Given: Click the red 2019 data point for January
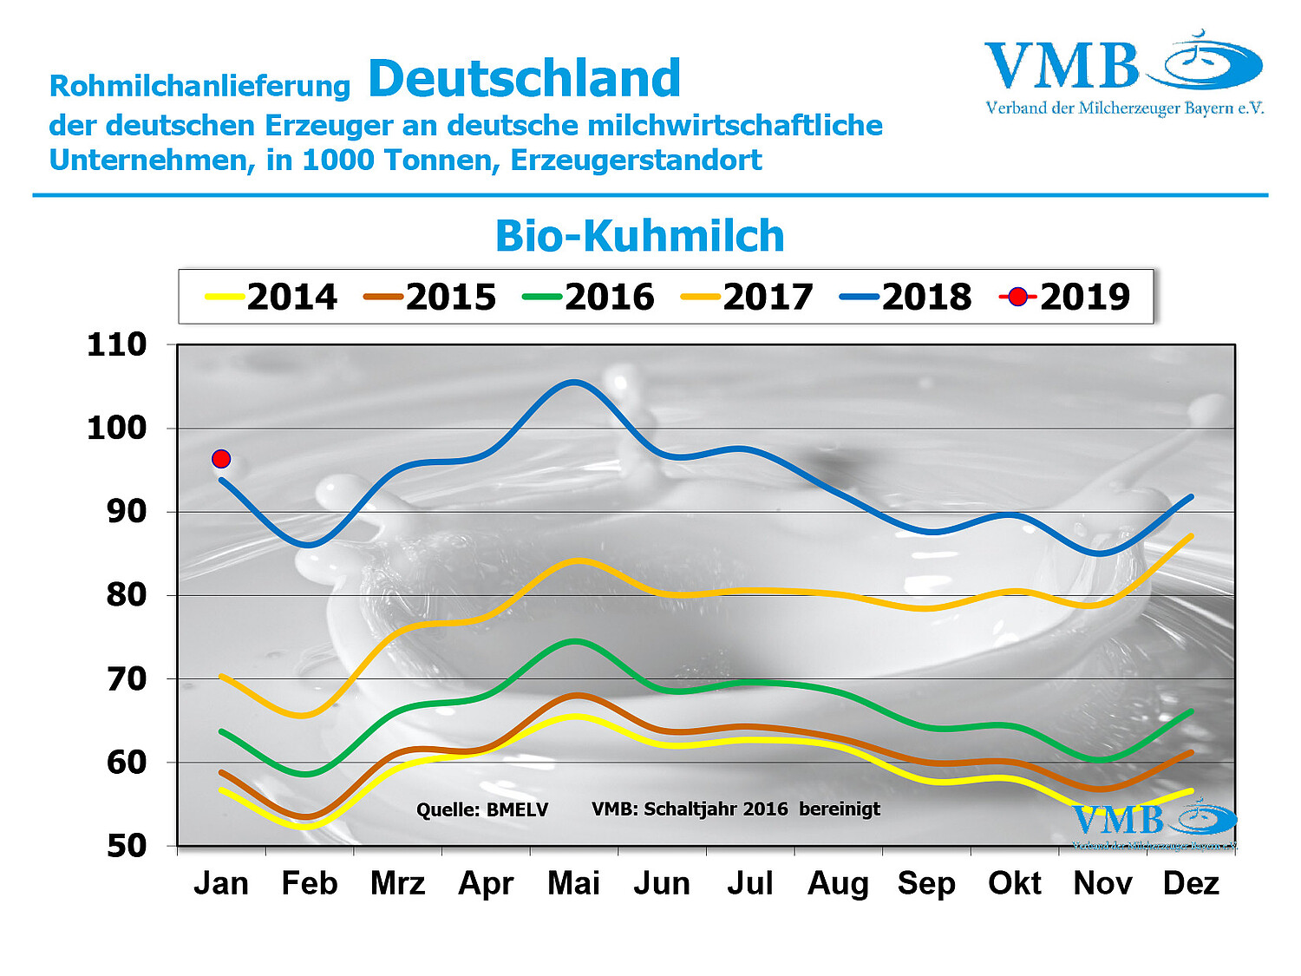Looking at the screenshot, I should pos(221,458).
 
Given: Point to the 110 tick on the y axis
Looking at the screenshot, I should pos(117,344).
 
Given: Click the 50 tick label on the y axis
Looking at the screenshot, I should pos(127,846).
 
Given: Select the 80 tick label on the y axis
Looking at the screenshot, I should pos(127,595).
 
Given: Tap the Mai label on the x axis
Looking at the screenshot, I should pos(573,883).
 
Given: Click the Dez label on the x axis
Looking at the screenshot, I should pos(1191,883).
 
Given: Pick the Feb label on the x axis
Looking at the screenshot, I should pos(309,883).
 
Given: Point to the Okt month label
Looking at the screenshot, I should pos(1014,883).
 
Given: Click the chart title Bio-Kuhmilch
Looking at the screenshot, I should pos(639,236).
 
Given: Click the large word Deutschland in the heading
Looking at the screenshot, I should pos(525,79).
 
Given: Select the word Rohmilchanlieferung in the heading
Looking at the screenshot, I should pos(199,86).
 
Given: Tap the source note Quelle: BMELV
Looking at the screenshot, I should pos(482,810).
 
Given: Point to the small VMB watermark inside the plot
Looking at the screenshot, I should pos(1154,824).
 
